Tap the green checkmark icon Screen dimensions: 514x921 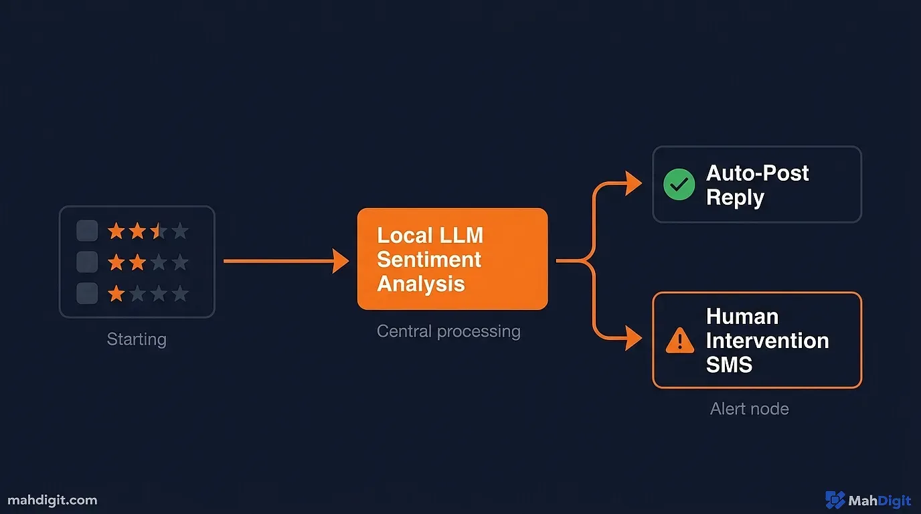679,185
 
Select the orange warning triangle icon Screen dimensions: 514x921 680,341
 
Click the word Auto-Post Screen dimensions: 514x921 758,173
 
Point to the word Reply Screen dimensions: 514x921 735,198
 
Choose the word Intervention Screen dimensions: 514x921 767,341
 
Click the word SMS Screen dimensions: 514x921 729,365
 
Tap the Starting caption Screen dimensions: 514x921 137,339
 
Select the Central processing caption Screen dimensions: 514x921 448,331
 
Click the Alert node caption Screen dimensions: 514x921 749,409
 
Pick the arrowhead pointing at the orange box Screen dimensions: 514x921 341,261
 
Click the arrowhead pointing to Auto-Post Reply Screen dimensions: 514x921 633,183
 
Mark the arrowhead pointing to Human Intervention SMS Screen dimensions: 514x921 633,338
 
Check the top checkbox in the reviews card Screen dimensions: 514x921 87,232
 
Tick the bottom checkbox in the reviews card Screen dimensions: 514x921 87,293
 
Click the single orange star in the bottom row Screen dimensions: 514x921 116,293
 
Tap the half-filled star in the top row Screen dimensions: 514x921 158,232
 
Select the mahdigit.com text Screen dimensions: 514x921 52,500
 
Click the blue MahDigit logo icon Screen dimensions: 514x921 835,500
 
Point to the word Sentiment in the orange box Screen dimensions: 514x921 429,260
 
